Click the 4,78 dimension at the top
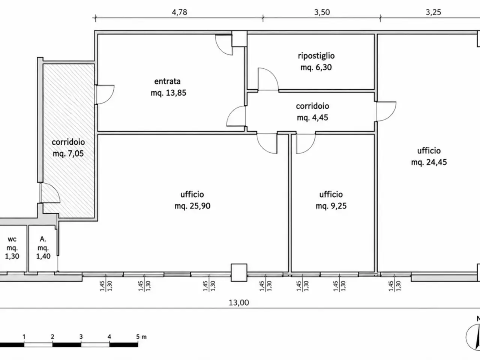coord(179,12)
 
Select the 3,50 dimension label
coord(322,12)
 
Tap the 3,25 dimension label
coord(433,12)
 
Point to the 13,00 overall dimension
coord(239,303)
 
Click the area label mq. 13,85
coord(168,93)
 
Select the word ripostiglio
coord(316,56)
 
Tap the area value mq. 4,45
coord(312,118)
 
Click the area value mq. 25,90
coord(192,206)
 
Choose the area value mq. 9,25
coord(331,206)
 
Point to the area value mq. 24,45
coord(429,162)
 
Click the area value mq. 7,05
coord(68,154)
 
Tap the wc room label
coord(12,239)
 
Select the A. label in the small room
coord(43,239)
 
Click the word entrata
coord(167,81)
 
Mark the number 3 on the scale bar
coord(81,337)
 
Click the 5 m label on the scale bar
coord(141,337)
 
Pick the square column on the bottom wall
coord(239,273)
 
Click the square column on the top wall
coord(240,39)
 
